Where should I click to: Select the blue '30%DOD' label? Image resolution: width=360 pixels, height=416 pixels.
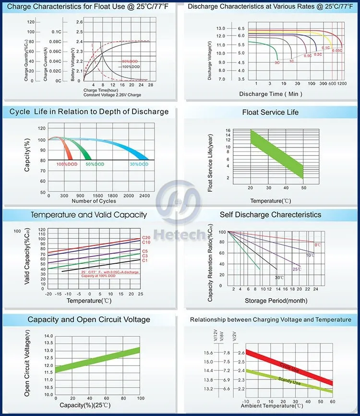coord(139,164)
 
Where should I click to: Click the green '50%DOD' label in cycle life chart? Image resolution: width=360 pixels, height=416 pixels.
coord(95,164)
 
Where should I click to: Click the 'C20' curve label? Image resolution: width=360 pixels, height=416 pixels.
coord(146,238)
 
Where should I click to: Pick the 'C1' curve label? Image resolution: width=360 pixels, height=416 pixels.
coord(145,260)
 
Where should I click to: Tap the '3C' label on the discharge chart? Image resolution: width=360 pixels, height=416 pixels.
coord(277,63)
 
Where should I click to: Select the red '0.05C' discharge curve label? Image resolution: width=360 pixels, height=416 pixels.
coord(337,50)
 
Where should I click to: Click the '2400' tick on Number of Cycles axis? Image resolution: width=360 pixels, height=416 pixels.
coord(144,196)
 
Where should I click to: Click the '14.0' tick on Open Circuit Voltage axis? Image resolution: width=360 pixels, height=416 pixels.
coord(48,336)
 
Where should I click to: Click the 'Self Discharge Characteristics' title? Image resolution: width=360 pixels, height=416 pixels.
coord(270,214)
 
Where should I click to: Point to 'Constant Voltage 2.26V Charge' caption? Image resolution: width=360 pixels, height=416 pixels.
coord(112,95)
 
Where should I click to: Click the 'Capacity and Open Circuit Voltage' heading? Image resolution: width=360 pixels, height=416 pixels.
coord(89,319)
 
